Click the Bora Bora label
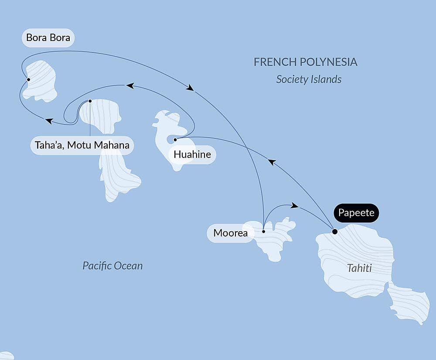tap(48, 38)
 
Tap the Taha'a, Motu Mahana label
tap(82, 145)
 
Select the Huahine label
tap(192, 154)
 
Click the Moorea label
tap(230, 233)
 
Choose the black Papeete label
tap(356, 213)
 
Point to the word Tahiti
tap(359, 268)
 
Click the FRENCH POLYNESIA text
tap(305, 62)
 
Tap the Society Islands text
tap(309, 79)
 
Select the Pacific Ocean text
tap(112, 266)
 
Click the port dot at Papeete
tap(334, 232)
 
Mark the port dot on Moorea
tap(263, 232)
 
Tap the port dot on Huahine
tap(175, 140)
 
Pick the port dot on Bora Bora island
tap(28, 79)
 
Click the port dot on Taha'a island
tap(90, 101)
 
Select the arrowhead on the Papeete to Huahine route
tap(272, 162)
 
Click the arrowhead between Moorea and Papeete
tap(295, 205)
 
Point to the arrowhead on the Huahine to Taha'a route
tap(129, 86)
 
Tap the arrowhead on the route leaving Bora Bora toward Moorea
tap(190, 88)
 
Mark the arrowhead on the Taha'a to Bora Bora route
tap(49, 121)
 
